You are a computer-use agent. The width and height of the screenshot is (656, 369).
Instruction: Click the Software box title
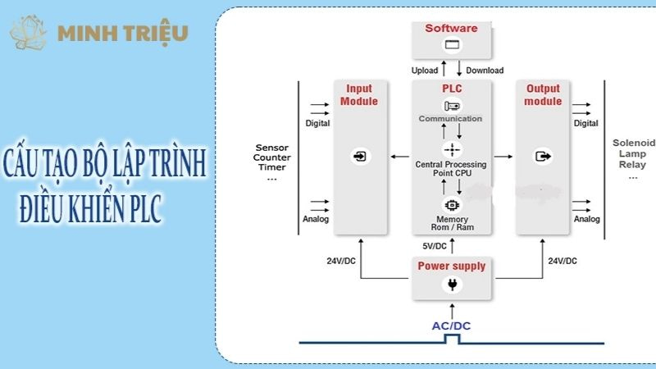pyautogui.click(x=451, y=29)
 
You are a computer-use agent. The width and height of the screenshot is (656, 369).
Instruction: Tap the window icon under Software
pyautogui.click(x=451, y=47)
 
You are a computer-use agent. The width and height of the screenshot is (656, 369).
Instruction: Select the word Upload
pyautogui.click(x=425, y=71)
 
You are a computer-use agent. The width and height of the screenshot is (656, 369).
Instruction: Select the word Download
pyautogui.click(x=484, y=71)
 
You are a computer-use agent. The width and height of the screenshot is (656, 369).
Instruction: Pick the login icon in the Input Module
pyautogui.click(x=360, y=156)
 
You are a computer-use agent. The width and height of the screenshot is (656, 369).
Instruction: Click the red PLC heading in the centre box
pyautogui.click(x=452, y=89)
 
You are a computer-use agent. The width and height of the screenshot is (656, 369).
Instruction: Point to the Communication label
pyautogui.click(x=451, y=119)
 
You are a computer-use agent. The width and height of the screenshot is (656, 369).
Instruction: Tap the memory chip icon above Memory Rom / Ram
pyautogui.click(x=451, y=204)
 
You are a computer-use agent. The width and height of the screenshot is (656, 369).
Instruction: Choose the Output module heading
pyautogui.click(x=543, y=95)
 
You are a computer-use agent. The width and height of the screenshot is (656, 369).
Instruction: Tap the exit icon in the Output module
pyautogui.click(x=543, y=156)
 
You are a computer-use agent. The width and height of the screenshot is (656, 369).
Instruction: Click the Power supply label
pyautogui.click(x=452, y=266)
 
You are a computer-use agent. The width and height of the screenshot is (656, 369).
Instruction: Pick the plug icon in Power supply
pyautogui.click(x=452, y=285)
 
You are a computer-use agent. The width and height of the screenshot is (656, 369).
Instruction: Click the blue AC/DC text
pyautogui.click(x=451, y=326)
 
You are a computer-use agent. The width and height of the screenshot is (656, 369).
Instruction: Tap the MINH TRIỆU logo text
pyautogui.click(x=123, y=33)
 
